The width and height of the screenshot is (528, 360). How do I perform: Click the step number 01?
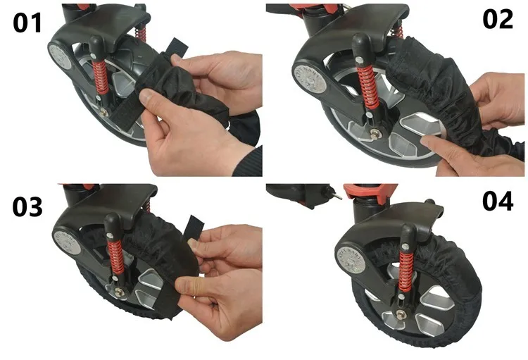click(x=27, y=23)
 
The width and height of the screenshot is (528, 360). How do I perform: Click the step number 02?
click(x=498, y=19)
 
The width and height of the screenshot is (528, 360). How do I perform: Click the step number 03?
click(x=27, y=206)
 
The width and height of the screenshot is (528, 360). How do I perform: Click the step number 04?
click(x=498, y=201)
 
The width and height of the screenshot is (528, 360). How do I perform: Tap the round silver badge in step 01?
click(x=61, y=56)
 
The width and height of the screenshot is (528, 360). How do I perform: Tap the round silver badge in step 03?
click(x=68, y=242)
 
